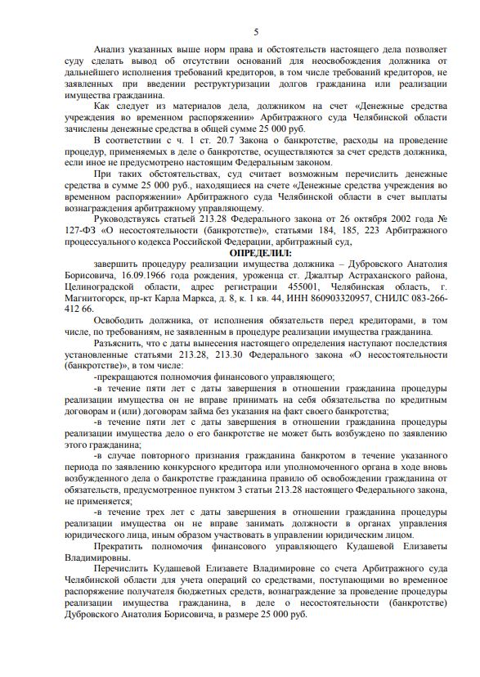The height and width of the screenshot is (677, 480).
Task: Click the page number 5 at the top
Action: [x=256, y=32]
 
